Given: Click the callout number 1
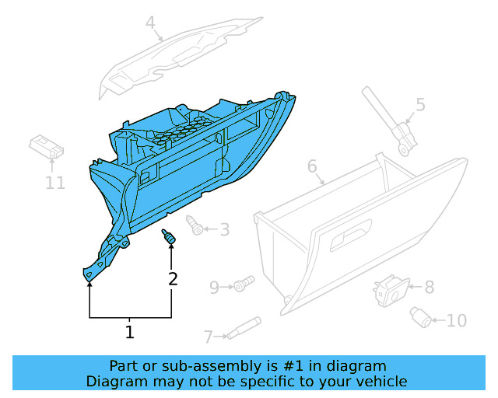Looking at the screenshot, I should point(130,333).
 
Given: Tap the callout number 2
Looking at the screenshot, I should point(172,278).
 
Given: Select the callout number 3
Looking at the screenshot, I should point(224,229).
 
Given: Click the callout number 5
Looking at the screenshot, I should point(420,104).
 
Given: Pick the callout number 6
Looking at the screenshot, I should point(312,166).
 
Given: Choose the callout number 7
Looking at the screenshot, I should point(208,337).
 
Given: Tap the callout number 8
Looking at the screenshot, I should point(429,287).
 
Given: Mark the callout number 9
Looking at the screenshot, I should point(215,288).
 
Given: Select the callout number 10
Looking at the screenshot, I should point(457,319).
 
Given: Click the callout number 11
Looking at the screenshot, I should point(54,183).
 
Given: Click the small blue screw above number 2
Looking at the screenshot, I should point(169,236).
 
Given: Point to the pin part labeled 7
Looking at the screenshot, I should point(243,328).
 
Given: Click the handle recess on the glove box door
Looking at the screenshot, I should point(352,238).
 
